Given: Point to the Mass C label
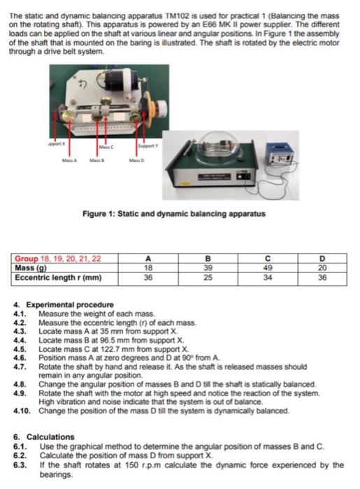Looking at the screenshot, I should point(106,146).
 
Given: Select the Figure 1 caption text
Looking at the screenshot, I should point(173,213).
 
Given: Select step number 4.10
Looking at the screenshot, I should point(22,411).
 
